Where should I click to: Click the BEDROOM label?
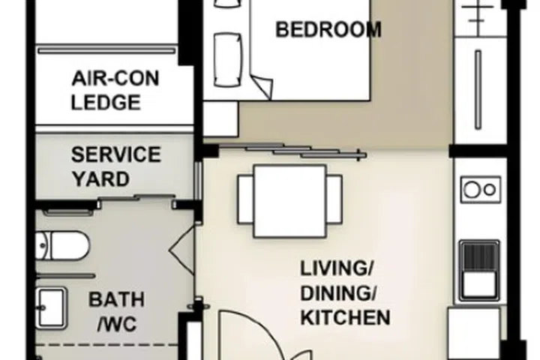(328, 30)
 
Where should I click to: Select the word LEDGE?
(106, 103)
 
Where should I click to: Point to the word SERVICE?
(115, 155)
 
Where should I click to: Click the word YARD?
(100, 179)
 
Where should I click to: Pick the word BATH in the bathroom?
(116, 300)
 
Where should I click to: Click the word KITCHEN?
(345, 317)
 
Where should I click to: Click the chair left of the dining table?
(244, 200)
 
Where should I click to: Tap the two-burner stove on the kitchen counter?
(481, 188)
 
